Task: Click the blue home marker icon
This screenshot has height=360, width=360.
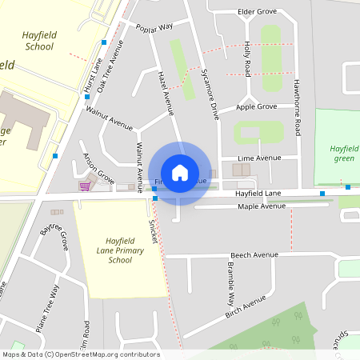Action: pos(180,172)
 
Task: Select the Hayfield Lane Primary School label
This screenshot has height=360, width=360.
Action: pos(119,250)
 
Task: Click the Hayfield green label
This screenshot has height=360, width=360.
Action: pos(343,153)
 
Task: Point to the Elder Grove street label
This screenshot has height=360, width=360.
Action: pos(257,12)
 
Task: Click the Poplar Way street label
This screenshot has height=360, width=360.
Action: pos(154,27)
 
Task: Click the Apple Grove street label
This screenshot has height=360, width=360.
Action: pos(257,106)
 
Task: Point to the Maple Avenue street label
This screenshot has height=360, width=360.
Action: pos(262,206)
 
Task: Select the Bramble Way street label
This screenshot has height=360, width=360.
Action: pos(230,284)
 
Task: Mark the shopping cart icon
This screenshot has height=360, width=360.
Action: pos(84,186)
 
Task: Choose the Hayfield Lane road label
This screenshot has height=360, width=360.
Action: pos(258,194)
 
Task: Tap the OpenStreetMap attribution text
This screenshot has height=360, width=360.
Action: pos(80,354)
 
